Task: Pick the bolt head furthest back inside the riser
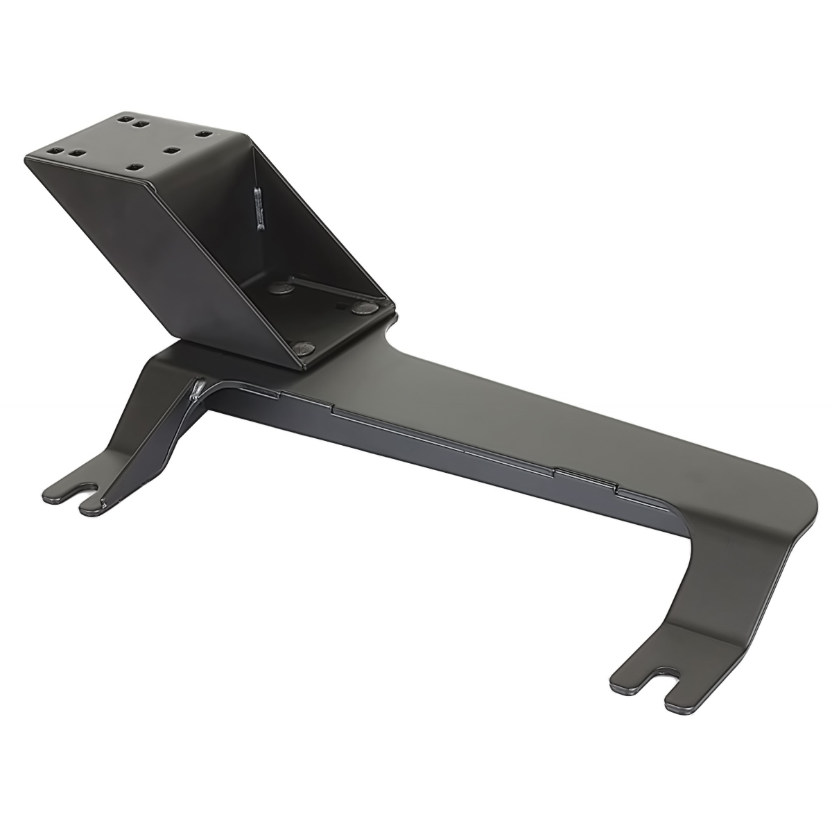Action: (280, 287)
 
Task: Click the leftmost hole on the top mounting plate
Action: (54, 150)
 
